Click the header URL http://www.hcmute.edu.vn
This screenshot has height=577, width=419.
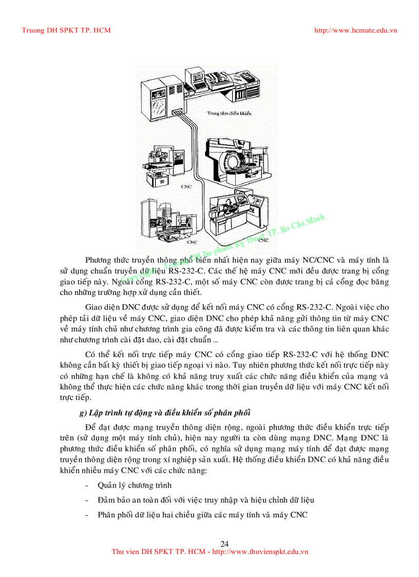355,30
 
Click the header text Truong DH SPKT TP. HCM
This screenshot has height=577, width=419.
66,30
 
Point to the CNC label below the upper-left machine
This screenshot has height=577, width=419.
186,187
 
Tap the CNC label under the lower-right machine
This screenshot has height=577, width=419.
263,240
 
